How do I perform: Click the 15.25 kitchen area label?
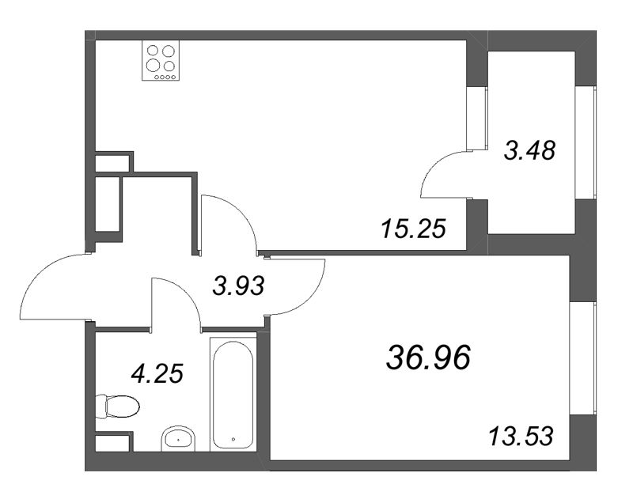(413, 229)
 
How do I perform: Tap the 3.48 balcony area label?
(529, 150)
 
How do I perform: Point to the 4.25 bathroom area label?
(157, 373)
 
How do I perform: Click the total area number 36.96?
(428, 357)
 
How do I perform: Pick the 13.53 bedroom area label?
(521, 437)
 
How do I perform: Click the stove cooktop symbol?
(161, 62)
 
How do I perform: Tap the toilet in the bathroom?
(117, 406)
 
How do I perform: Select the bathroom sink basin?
(178, 438)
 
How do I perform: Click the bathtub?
(233, 395)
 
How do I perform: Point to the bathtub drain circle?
(233, 439)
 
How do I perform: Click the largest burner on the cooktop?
(153, 65)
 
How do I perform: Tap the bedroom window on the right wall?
(582, 357)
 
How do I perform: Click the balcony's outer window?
(586, 142)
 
